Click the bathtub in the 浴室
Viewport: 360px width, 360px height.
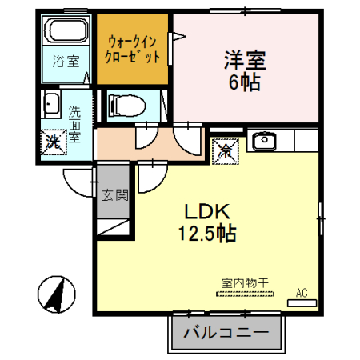66,30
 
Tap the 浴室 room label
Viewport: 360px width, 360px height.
66,61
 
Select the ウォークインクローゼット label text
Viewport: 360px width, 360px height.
133,50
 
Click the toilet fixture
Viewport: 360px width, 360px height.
127,106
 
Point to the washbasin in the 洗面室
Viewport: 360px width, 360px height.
51,104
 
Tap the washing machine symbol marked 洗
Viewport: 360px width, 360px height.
54,142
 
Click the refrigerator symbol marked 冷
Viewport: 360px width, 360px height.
225,151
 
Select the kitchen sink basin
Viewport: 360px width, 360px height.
264,141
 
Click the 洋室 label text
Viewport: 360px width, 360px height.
245,60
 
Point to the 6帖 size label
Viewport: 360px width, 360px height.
244,82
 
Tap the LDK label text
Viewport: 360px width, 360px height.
207,211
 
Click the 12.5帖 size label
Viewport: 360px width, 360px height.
207,234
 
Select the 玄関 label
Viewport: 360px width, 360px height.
115,195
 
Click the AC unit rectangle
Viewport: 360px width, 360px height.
302,303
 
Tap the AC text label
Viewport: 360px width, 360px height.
302,293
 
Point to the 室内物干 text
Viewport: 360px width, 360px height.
245,283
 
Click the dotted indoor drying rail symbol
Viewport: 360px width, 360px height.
245,294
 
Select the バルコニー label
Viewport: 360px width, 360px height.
226,333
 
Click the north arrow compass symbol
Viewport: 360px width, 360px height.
57,294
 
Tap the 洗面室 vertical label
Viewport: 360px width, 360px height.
74,124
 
